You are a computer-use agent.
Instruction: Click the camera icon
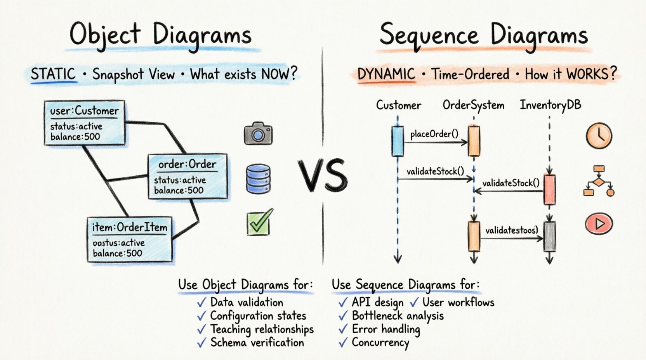(258, 134)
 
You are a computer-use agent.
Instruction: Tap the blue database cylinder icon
(258, 179)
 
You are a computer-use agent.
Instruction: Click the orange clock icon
(599, 136)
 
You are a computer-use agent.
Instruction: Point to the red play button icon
(599, 224)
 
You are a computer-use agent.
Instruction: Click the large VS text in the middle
(323, 176)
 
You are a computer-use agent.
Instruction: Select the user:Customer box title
(84, 111)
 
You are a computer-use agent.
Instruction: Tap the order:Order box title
(187, 164)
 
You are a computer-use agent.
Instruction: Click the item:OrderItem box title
(130, 227)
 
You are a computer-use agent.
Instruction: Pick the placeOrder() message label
(434, 134)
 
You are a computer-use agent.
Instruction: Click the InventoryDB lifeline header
(550, 105)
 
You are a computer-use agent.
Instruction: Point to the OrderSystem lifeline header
(473, 105)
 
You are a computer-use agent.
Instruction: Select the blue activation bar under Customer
(398, 141)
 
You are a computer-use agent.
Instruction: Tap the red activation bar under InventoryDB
(549, 190)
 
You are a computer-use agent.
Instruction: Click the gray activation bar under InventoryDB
(549, 236)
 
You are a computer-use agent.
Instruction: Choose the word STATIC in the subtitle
(53, 74)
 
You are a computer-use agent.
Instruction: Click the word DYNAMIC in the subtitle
(386, 74)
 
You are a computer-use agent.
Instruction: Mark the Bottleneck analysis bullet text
(398, 316)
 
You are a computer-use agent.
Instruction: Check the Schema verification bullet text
(257, 343)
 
